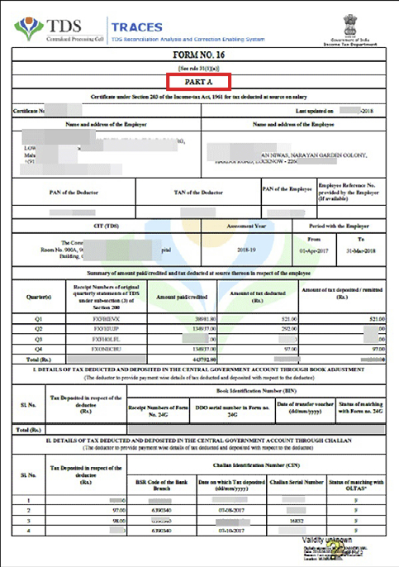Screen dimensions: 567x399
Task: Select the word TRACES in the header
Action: (135, 26)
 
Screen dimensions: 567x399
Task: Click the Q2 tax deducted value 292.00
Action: (265, 328)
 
